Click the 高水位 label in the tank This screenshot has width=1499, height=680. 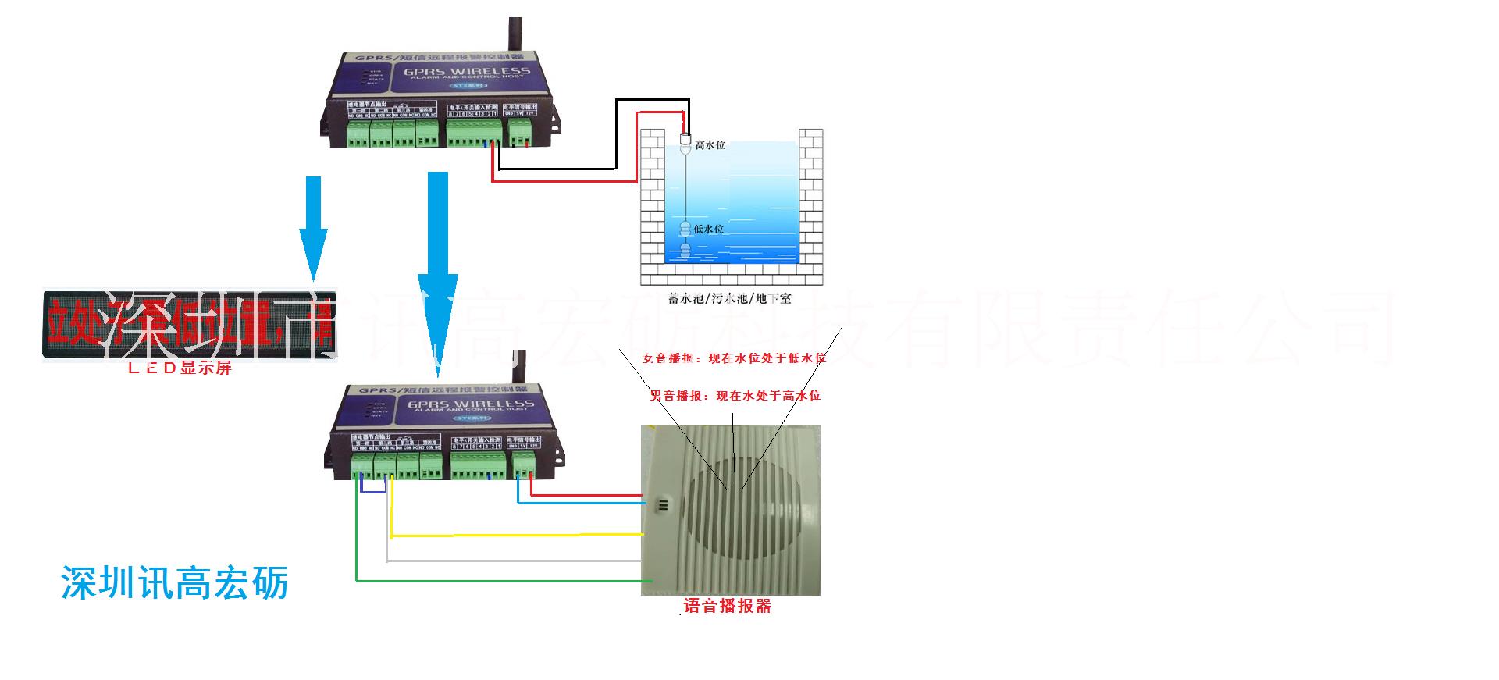[710, 145]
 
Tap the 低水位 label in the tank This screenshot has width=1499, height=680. [709, 229]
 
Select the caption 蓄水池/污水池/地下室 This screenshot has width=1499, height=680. [730, 298]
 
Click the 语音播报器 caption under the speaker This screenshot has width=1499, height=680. [727, 606]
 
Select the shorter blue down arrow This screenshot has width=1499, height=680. [314, 226]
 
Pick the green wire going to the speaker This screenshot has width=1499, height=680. [500, 580]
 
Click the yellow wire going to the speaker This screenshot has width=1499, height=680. [515, 536]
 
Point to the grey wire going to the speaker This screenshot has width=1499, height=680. [515, 561]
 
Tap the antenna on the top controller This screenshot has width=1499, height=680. [515, 35]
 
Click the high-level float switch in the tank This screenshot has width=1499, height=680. [685, 143]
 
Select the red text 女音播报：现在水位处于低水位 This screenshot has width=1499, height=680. [734, 358]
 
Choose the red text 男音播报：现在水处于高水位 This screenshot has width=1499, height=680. [735, 396]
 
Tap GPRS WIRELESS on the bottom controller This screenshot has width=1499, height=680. [470, 404]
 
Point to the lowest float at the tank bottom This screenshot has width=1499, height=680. [685, 251]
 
